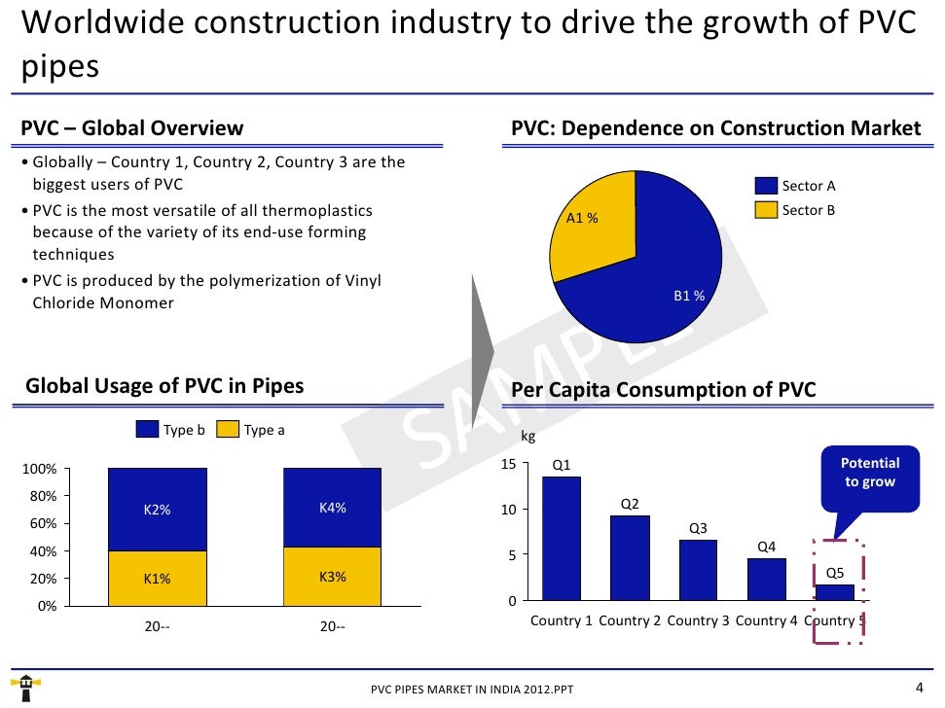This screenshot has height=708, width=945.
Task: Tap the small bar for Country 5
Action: pos(834,592)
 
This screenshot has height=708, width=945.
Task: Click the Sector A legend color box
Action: pos(766,186)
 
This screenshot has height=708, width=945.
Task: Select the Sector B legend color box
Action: pos(766,209)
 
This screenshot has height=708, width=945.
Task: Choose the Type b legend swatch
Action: pos(147,430)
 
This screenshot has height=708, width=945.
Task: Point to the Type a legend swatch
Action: pos(227,430)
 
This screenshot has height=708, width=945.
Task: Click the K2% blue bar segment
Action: pos(157,510)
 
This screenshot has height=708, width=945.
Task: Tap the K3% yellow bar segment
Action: pos(332,576)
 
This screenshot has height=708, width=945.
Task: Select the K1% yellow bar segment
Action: pos(157,579)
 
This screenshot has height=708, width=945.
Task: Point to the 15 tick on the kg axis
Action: pos(508,465)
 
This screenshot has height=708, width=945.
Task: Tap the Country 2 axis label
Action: pos(630,621)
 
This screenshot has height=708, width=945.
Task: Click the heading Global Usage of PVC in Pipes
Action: pos(164,386)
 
